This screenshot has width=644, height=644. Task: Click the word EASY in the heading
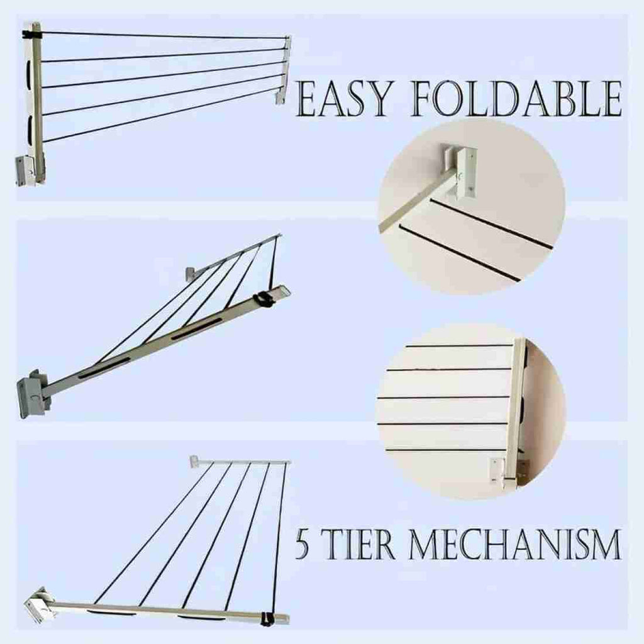(x=343, y=99)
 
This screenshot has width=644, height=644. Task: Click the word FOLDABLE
(x=516, y=99)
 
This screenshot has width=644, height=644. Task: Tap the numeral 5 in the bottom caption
(x=303, y=544)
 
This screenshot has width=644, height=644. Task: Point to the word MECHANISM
(x=514, y=544)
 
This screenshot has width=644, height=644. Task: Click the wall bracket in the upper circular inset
(x=459, y=172)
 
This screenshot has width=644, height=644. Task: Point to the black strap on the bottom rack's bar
(x=267, y=619)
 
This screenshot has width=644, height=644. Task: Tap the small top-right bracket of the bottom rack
(x=195, y=461)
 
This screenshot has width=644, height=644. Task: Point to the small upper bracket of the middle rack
(x=191, y=273)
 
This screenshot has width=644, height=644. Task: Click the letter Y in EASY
(x=377, y=99)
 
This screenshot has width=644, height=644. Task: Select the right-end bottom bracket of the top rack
(x=280, y=97)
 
